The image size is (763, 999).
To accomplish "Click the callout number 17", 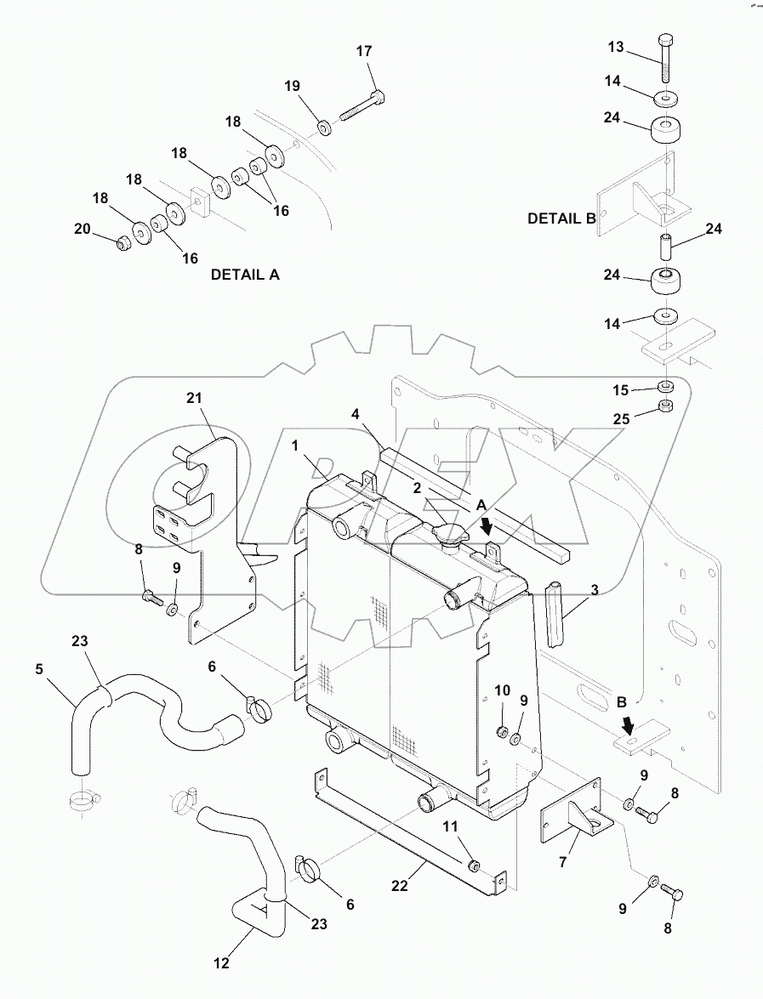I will [363, 52].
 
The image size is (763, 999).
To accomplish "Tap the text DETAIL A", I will [245, 275].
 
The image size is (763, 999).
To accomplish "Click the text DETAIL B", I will [561, 219].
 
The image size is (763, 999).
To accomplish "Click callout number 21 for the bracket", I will [196, 398].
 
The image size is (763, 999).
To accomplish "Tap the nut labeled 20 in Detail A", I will [122, 243].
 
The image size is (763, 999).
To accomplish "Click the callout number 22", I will [399, 885].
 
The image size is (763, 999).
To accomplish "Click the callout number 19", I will [292, 87].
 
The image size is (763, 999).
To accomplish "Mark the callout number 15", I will [621, 390].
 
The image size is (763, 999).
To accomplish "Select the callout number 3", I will [594, 589].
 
